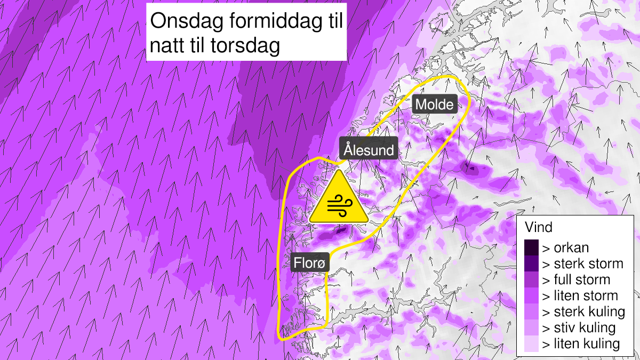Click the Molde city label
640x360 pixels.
(435, 105)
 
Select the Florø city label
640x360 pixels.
(311, 262)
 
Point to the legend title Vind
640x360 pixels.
(539, 228)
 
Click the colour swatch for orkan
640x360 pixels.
(532, 247)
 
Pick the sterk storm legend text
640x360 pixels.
(582, 263)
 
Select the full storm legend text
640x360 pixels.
(576, 279)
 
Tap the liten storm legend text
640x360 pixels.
(580, 295)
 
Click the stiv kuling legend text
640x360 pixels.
(579, 327)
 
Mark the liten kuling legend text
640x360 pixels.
(581, 343)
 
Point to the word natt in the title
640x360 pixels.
(167, 46)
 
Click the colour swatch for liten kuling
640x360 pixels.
(532, 343)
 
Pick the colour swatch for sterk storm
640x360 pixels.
(532, 263)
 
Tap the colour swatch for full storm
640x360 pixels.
(532, 279)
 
